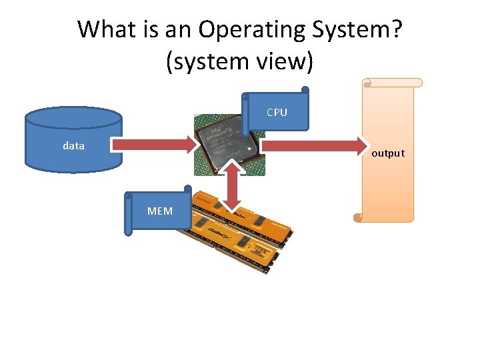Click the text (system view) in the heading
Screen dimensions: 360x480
[x=239, y=61]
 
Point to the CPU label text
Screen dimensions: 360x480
[x=277, y=113]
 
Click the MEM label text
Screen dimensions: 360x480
[x=160, y=211]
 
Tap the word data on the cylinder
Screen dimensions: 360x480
[x=73, y=145]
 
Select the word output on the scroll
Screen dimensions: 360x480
[x=388, y=153]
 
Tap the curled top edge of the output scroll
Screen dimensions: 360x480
[x=393, y=83]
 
